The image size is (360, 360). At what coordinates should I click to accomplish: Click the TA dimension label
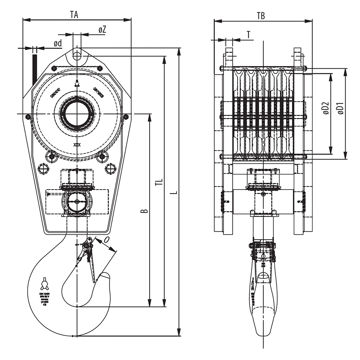[x=74, y=15]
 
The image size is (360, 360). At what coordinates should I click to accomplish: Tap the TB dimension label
[x=261, y=16]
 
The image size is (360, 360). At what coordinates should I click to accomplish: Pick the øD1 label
[x=340, y=109]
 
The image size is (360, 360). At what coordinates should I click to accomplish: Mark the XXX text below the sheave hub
[x=77, y=145]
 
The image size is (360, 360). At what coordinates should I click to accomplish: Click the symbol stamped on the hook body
[x=44, y=284]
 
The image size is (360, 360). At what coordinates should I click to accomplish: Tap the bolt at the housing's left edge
[x=28, y=117]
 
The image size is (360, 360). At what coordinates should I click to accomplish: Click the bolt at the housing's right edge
[x=126, y=117]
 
